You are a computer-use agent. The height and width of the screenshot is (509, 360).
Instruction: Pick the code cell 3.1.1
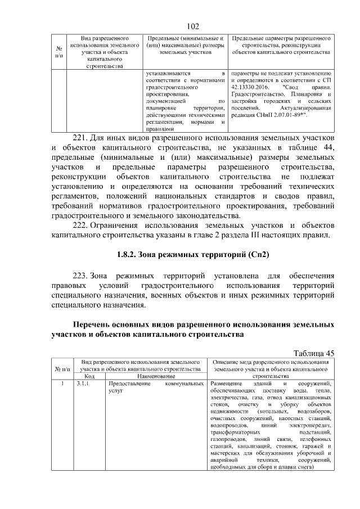(x=83, y=384)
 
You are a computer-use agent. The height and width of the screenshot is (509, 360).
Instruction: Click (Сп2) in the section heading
(x=256, y=255)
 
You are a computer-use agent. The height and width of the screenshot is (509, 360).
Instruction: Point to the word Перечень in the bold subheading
(x=94, y=325)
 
